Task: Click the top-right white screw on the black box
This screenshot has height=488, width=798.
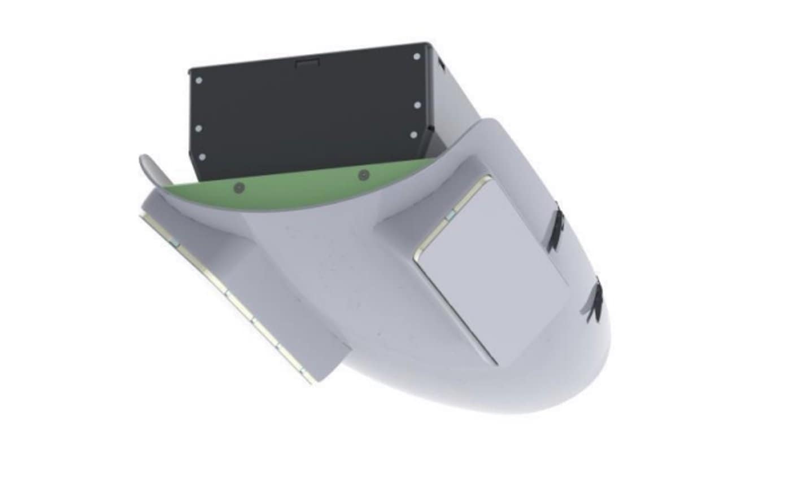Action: click(x=417, y=56)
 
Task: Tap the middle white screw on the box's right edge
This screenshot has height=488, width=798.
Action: click(x=417, y=105)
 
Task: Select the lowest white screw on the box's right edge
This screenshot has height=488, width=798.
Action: click(x=413, y=135)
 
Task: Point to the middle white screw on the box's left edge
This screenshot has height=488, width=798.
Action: click(x=198, y=129)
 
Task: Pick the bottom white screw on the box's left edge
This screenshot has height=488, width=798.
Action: click(x=202, y=157)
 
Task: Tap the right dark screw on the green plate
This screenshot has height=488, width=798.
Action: click(x=363, y=175)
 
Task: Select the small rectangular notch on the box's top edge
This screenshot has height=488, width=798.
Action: click(x=308, y=62)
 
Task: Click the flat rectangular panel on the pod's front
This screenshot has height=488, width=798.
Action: click(x=491, y=265)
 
